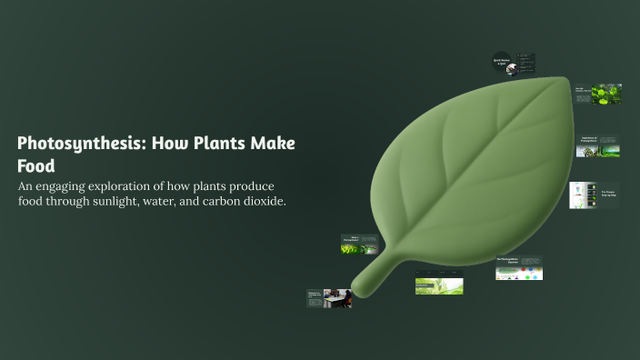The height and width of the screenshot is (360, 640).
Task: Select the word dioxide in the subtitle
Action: click(263, 201)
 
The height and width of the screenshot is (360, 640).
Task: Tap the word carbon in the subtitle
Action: click(218, 201)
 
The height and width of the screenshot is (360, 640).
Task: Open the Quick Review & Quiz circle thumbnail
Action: click(501, 63)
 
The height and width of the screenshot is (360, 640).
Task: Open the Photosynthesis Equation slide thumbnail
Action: click(518, 267)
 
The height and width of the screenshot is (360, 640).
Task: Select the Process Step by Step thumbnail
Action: click(594, 195)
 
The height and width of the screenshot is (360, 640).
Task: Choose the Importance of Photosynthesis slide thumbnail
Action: click(598, 145)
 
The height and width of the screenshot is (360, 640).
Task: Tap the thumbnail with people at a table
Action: click(329, 298)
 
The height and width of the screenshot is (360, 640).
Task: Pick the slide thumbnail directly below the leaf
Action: click(438, 282)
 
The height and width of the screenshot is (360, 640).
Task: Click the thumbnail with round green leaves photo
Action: click(597, 94)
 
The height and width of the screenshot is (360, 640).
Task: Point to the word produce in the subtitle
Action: click(251, 186)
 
